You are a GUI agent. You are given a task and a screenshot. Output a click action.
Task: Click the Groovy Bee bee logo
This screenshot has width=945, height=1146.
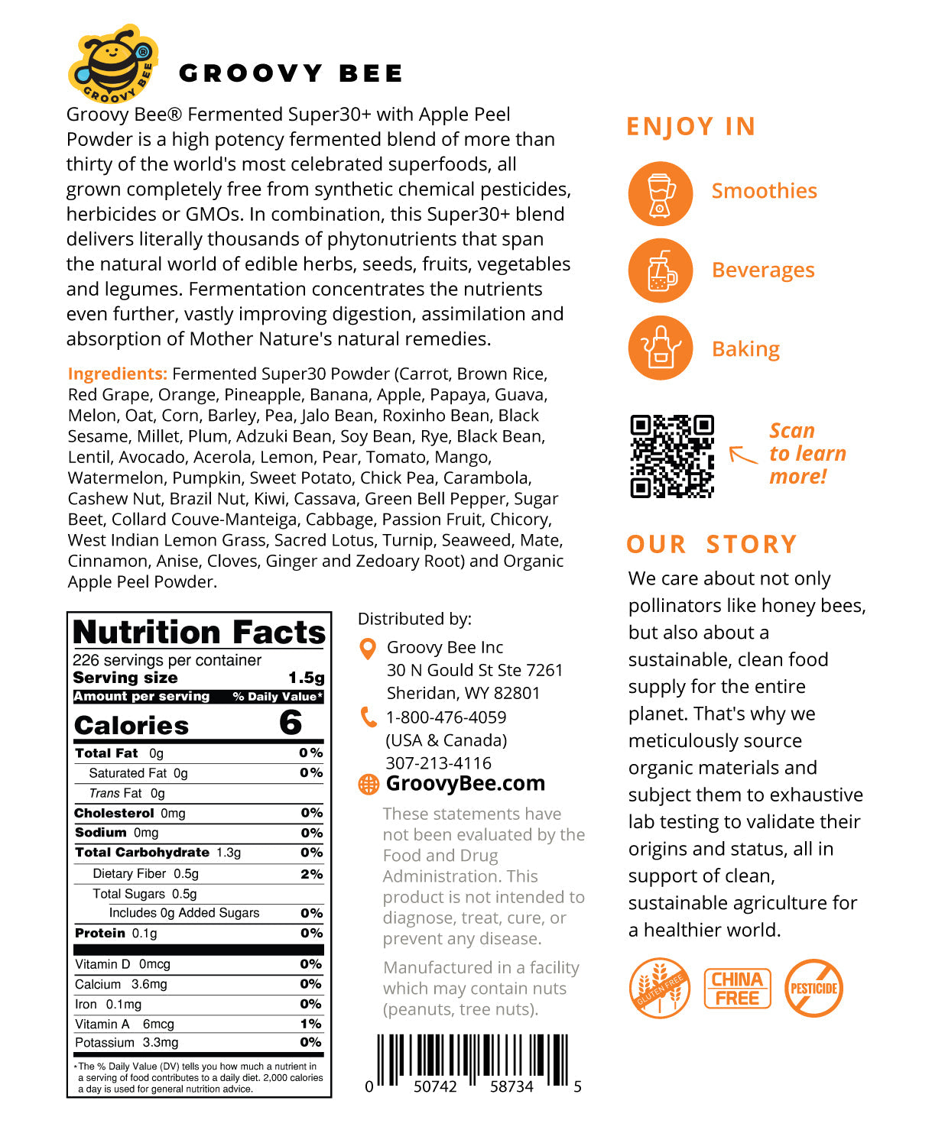click(x=113, y=64)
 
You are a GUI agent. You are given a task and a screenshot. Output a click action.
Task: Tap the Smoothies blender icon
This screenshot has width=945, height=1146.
click(x=660, y=193)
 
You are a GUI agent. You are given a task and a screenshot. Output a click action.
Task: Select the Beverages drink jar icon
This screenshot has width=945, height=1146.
click(x=660, y=271)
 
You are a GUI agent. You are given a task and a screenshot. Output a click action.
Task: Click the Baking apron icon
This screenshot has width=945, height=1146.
click(x=660, y=348)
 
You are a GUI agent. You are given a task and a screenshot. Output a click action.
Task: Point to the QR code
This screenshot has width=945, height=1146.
click(x=671, y=456)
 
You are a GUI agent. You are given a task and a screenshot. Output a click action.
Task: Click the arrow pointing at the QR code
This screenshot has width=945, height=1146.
click(x=742, y=455)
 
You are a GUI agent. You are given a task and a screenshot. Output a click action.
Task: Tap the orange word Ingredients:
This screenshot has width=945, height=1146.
click(x=117, y=374)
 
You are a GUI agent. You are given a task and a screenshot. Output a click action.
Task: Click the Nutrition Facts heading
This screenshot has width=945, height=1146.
click(x=199, y=633)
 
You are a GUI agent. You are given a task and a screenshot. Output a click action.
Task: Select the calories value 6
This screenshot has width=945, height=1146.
click(x=291, y=723)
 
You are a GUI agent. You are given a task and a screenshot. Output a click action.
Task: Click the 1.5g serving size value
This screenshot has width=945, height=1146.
click(x=306, y=678)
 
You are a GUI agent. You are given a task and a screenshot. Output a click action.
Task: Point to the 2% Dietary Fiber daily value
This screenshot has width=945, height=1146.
click(x=311, y=874)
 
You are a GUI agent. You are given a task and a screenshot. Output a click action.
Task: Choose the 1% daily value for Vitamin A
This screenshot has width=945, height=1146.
click(x=310, y=1024)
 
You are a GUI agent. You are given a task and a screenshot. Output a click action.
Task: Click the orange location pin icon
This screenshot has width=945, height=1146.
click(x=368, y=649)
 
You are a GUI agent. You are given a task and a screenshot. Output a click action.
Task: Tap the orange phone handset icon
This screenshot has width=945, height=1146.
click(x=369, y=717)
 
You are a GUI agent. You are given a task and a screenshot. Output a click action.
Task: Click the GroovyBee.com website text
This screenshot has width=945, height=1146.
click(x=465, y=784)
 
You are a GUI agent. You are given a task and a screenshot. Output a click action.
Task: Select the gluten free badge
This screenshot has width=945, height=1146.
click(x=659, y=988)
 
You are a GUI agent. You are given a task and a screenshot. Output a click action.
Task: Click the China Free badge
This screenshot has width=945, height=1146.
click(x=737, y=989)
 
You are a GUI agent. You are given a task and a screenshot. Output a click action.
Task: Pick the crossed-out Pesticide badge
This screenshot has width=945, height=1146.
click(x=813, y=988)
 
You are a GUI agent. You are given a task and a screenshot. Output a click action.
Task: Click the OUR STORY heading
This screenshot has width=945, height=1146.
click(x=711, y=544)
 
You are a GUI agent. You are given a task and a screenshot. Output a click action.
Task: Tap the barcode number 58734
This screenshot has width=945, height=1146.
click(x=511, y=1086)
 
